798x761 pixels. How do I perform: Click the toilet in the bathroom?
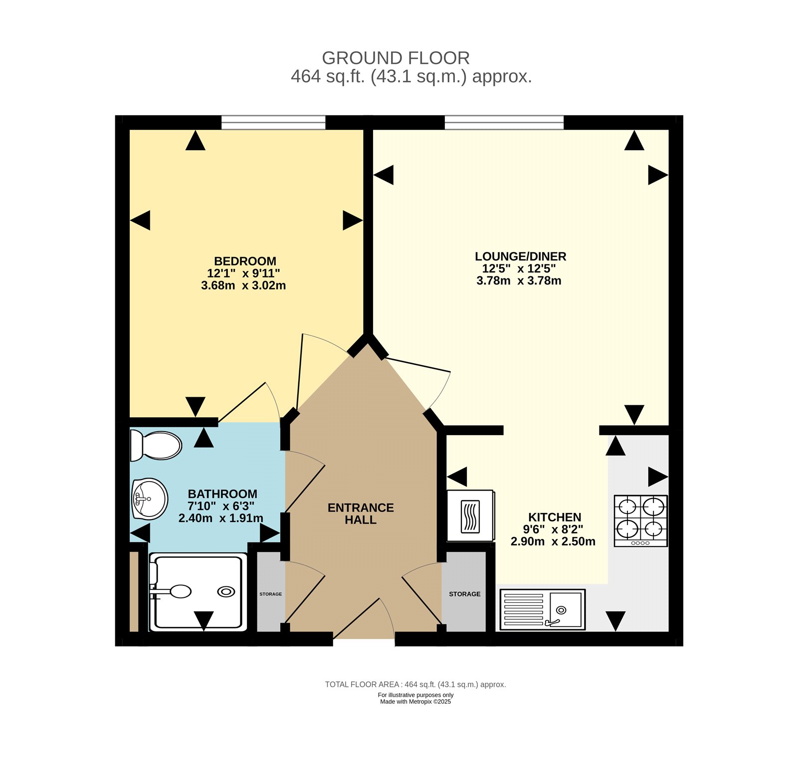156,445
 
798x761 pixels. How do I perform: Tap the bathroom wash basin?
149,499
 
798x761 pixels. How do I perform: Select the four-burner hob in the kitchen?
640,520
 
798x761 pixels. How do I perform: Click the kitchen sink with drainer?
542,609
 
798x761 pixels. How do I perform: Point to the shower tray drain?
226,592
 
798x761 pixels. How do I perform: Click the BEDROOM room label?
245,261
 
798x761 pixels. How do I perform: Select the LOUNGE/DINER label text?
520,256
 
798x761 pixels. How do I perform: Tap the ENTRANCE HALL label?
361,513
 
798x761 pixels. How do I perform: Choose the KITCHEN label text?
555,517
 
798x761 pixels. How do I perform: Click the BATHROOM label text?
222,494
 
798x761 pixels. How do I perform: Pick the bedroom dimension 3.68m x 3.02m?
243,285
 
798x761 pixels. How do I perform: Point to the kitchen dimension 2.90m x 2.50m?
553,541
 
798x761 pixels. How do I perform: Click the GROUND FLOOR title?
396,58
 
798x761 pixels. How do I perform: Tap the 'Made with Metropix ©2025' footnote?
415,702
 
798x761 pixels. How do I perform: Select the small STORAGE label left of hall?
270,594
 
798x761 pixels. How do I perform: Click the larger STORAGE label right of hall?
464,594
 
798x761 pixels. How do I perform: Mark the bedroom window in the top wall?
273,122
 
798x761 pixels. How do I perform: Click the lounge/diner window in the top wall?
504,122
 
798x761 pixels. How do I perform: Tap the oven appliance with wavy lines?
470,516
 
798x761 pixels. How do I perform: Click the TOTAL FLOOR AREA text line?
415,684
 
